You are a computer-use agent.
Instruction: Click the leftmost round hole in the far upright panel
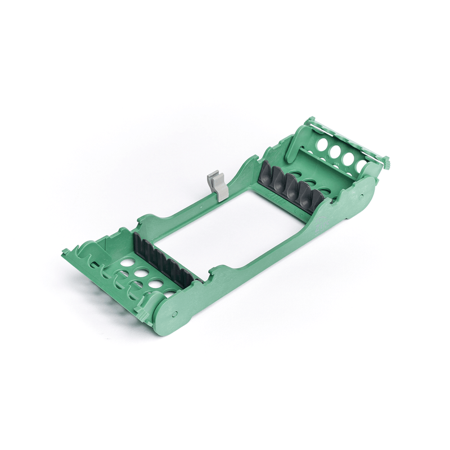pyautogui.click(x=322, y=145)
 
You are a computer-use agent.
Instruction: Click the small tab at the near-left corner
pyautogui.click(x=66, y=251)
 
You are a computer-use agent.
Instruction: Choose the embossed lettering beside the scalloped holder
pyautogui.click(x=276, y=198)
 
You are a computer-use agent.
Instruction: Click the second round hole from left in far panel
pyautogui.click(x=336, y=151)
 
